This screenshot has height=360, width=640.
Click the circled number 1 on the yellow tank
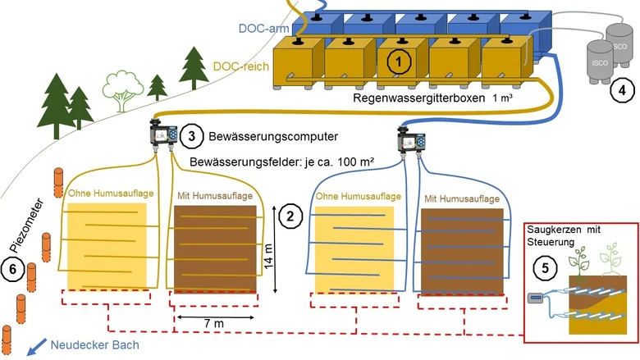399,62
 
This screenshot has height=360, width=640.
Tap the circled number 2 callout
290,216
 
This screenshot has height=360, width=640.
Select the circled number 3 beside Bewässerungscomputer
192,136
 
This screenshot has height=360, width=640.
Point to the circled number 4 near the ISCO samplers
622,90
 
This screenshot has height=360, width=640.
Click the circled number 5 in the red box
546,268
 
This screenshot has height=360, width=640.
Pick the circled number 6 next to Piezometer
12,269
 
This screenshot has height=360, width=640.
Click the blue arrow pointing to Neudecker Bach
36,348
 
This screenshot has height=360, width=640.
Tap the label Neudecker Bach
94,345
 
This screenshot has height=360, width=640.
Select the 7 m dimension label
214,324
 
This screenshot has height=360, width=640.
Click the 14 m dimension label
268,256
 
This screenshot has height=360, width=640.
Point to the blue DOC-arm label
263,29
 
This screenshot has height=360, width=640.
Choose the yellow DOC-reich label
241,66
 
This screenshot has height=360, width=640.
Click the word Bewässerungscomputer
273,136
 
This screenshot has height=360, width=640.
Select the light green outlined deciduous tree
122,90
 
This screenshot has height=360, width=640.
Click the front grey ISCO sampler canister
600,62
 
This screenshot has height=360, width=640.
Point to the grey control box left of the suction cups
536,298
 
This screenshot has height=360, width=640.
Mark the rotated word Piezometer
26,226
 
